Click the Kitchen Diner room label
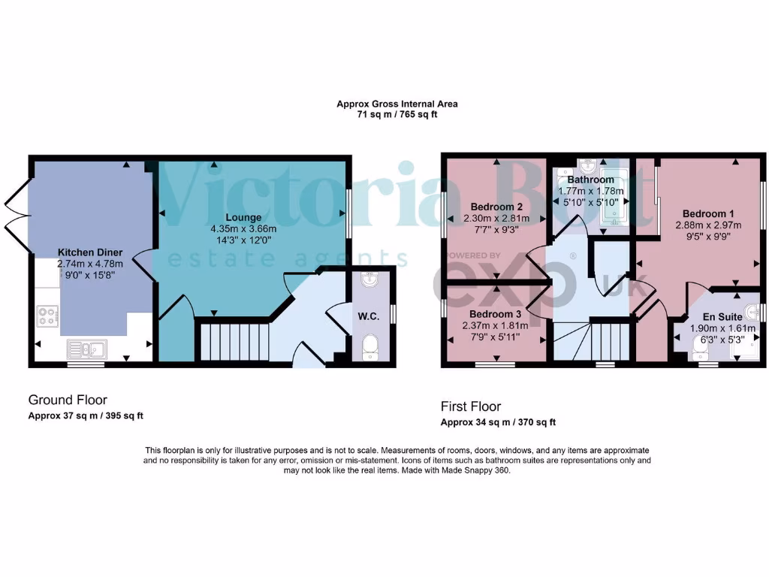coord(90,252)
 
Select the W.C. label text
coord(369,316)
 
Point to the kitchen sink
coord(87,348)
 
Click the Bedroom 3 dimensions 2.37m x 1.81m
coord(496,325)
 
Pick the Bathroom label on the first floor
coord(590,180)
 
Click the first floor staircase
coord(593,342)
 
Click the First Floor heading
coord(470,406)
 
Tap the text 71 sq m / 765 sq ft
coord(397,115)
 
